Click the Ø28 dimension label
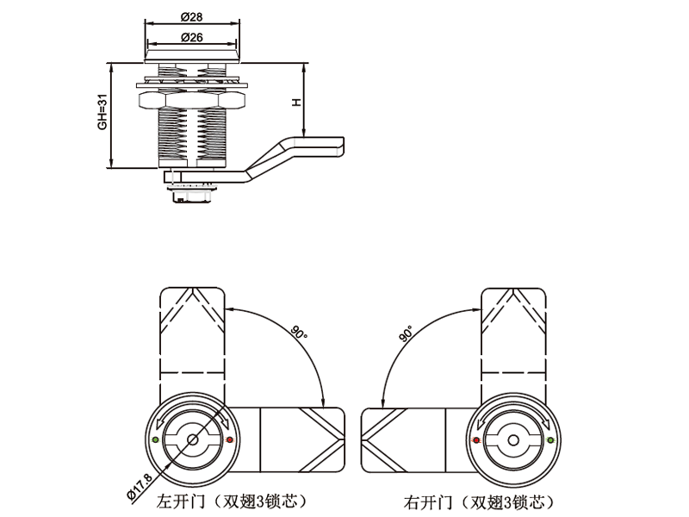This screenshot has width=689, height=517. point(191,17)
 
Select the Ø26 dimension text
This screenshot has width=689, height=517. point(191,36)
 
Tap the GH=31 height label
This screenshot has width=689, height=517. point(102,113)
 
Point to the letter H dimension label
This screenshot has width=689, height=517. point(295,102)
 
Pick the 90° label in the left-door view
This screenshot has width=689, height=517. point(297,333)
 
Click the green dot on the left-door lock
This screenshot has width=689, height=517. point(154,440)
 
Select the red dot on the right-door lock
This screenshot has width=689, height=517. point(476,440)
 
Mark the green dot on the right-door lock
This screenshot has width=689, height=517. point(551,440)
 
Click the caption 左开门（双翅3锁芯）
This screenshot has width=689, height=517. point(231,500)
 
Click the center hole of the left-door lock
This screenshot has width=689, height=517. point(191,440)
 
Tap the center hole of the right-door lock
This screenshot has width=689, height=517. point(513,440)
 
